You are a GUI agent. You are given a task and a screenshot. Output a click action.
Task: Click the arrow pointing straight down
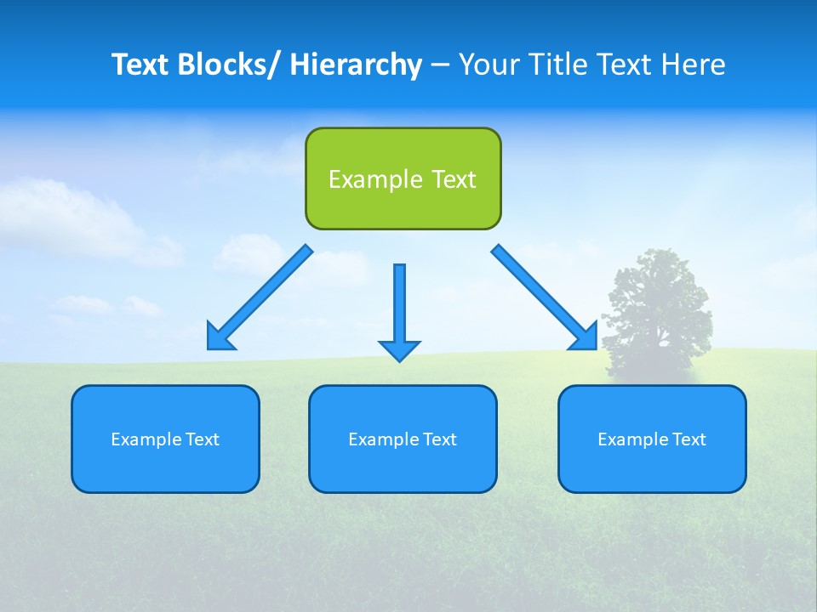[399, 306]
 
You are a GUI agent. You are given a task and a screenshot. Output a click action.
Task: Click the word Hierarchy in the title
[356, 65]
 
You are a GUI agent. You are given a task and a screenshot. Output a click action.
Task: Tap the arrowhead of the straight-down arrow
[399, 350]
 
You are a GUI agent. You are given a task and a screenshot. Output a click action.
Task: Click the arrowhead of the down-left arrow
[220, 337]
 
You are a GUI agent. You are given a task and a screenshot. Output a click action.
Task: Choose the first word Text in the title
[140, 65]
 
